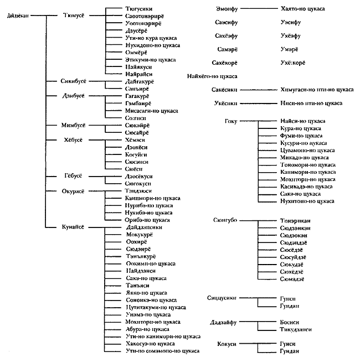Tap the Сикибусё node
click(x=75, y=81)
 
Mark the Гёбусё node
click(x=73, y=176)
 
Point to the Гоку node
click(x=232, y=121)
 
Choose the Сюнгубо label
click(x=225, y=220)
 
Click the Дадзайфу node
click(x=224, y=322)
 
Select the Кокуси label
click(x=227, y=344)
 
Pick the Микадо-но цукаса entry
click(x=305, y=157)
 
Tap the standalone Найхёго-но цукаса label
click(x=213, y=76)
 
